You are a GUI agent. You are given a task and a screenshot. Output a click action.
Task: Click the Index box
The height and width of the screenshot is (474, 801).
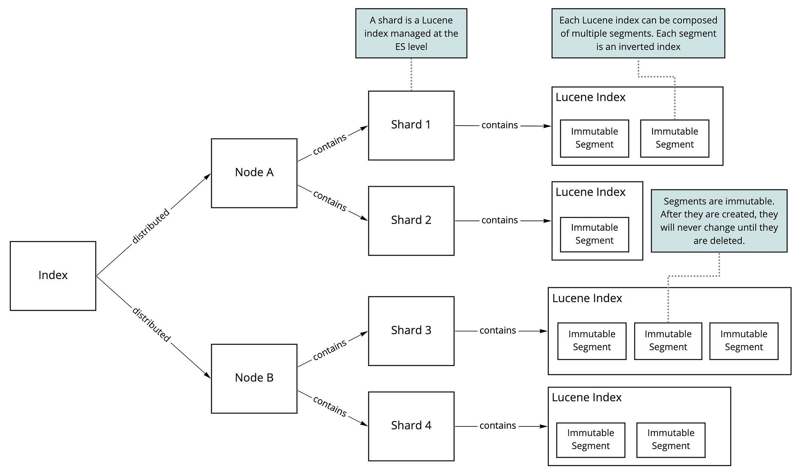pos(53,276)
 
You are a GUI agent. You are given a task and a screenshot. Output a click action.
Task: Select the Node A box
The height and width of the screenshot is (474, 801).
pos(254,173)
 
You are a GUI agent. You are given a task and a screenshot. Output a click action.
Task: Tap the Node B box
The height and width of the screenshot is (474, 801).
pos(254,378)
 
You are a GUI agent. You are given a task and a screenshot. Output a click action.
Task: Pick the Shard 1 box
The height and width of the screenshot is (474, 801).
pos(411,126)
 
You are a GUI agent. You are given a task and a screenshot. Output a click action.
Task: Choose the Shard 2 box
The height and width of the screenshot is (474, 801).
pos(411,221)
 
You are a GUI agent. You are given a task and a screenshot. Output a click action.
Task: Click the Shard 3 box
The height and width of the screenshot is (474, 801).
pos(411,331)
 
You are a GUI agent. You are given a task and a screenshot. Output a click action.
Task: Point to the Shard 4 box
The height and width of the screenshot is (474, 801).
pos(411,426)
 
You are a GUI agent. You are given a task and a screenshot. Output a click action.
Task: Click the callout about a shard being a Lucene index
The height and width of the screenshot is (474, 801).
pos(411,33)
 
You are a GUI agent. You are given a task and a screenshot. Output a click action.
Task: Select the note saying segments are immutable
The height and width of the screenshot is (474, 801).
pos(719,221)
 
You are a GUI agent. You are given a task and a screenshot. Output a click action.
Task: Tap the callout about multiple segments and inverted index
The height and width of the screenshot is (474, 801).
pos(638,33)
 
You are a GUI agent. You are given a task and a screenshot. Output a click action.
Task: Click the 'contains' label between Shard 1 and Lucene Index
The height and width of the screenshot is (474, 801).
pos(499,125)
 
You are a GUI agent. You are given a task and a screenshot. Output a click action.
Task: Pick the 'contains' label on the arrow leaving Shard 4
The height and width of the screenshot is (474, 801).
pos(498,426)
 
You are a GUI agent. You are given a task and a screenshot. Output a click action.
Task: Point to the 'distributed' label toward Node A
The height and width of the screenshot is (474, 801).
pos(151,226)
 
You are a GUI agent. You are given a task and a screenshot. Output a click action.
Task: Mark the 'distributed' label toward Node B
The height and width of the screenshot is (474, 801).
pos(151,324)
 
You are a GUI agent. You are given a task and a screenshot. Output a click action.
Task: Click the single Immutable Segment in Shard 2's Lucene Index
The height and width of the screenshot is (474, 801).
pos(594,234)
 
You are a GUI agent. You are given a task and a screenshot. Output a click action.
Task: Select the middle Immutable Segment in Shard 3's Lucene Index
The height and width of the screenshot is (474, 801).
pos(668,341)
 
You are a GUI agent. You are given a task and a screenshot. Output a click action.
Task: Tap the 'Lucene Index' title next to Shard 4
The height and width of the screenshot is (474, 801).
pos(586,397)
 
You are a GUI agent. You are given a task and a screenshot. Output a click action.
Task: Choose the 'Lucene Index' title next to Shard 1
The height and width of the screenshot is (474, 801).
pos(590,97)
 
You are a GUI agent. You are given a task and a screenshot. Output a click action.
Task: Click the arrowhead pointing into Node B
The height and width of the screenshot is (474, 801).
pos(207,375)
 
